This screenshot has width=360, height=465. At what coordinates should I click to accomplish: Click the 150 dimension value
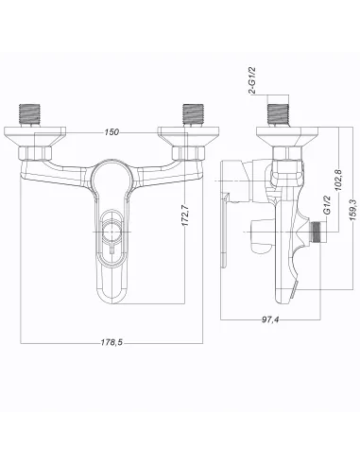[x=111, y=131]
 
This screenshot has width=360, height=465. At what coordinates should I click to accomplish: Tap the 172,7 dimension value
[x=185, y=215]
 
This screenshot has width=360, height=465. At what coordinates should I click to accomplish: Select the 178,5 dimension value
[x=111, y=342]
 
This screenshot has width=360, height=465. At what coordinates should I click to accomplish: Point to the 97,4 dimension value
[x=270, y=319]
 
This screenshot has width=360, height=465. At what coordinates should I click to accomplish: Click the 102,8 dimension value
[x=338, y=180]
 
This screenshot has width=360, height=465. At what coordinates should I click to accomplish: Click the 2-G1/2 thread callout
[x=252, y=80]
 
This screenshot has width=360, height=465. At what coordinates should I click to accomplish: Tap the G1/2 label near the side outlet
[x=327, y=205]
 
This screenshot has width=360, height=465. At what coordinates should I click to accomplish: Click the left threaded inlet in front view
[x=30, y=114]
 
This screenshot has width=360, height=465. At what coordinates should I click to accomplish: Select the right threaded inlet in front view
[x=194, y=114]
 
